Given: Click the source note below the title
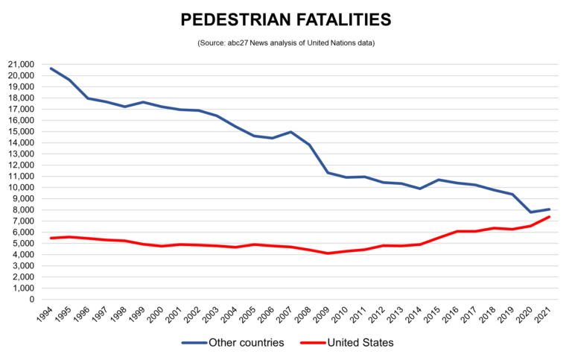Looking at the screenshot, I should [286, 43].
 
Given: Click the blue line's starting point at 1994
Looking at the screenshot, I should [50, 69].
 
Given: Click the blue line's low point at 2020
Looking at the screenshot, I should [531, 212].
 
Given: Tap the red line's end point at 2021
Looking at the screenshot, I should [550, 217].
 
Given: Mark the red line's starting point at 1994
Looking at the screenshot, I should [50, 239].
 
